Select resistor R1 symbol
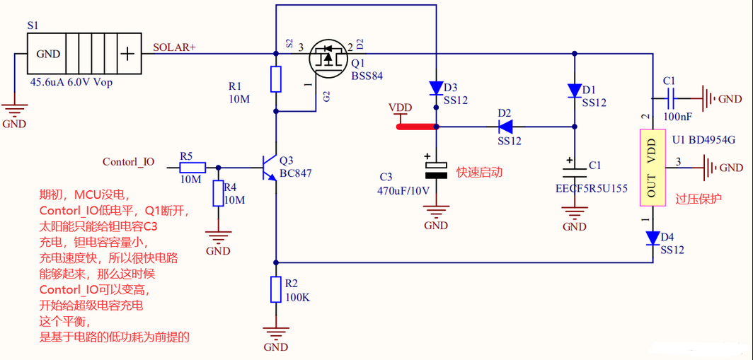point(276,79)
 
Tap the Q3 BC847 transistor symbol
point(269,168)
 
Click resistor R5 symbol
point(192,168)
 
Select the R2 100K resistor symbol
point(276,289)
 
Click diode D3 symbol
point(436,88)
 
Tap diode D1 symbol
point(574,91)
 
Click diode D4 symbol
point(652,238)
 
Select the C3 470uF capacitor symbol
point(436,170)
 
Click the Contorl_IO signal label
point(128,162)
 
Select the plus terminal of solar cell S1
point(127,54)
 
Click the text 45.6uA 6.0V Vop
point(71,82)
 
